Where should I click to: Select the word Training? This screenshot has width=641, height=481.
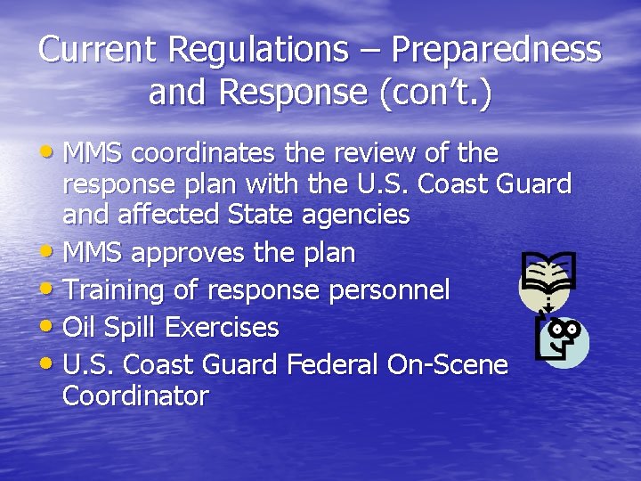(x=115, y=290)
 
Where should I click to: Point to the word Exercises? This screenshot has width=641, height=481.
(x=222, y=328)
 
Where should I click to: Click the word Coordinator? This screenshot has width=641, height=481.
(x=135, y=396)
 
